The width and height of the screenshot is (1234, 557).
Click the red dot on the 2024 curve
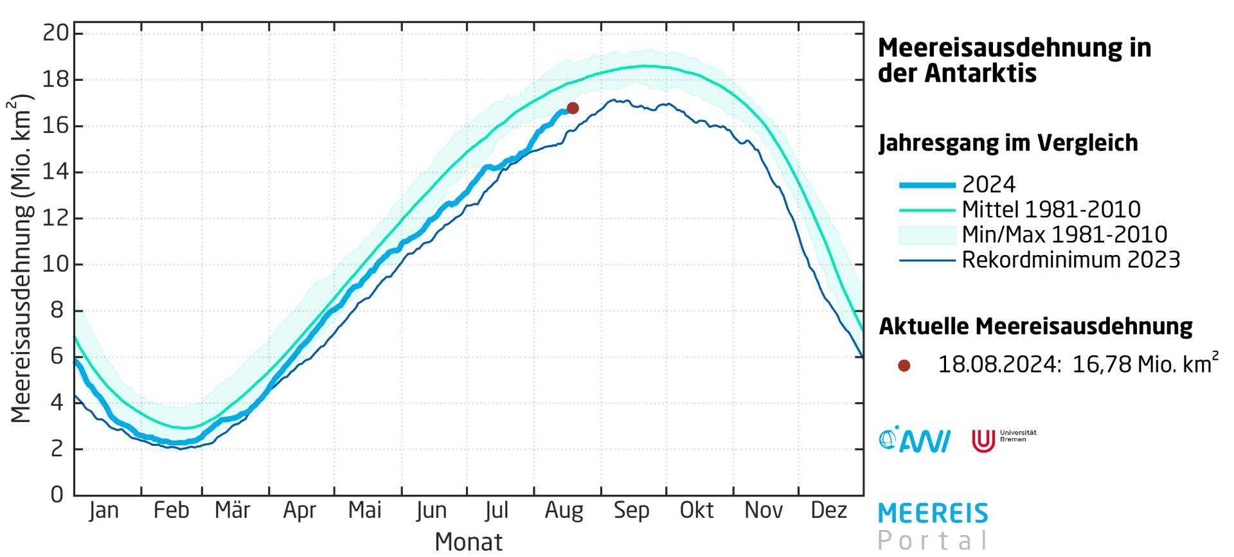(573, 108)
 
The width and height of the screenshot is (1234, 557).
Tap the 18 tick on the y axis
(55, 80)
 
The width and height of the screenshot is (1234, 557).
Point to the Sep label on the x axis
(631, 510)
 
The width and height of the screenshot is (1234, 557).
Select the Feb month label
(171, 510)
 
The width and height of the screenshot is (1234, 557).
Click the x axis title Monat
(468, 542)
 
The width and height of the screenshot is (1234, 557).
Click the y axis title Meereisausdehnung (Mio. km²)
(21, 258)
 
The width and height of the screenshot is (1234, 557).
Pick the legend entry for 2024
(988, 185)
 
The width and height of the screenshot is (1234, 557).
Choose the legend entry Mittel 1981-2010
(1051, 209)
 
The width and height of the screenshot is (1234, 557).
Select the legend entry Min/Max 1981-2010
(1064, 234)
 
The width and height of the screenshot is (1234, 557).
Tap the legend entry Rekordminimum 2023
(1071, 260)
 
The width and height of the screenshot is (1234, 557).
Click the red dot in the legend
(904, 366)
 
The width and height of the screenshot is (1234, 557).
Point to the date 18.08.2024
(997, 364)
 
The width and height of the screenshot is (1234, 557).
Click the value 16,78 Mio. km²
(1144, 364)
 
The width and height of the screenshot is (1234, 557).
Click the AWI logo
(914, 440)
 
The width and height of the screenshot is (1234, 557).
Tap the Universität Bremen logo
(1003, 440)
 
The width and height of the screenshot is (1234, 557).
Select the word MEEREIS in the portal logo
(933, 514)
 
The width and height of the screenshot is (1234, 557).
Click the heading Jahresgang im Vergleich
(1008, 143)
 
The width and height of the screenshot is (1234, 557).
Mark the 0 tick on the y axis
(57, 495)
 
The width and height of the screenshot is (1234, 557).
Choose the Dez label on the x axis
(828, 510)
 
